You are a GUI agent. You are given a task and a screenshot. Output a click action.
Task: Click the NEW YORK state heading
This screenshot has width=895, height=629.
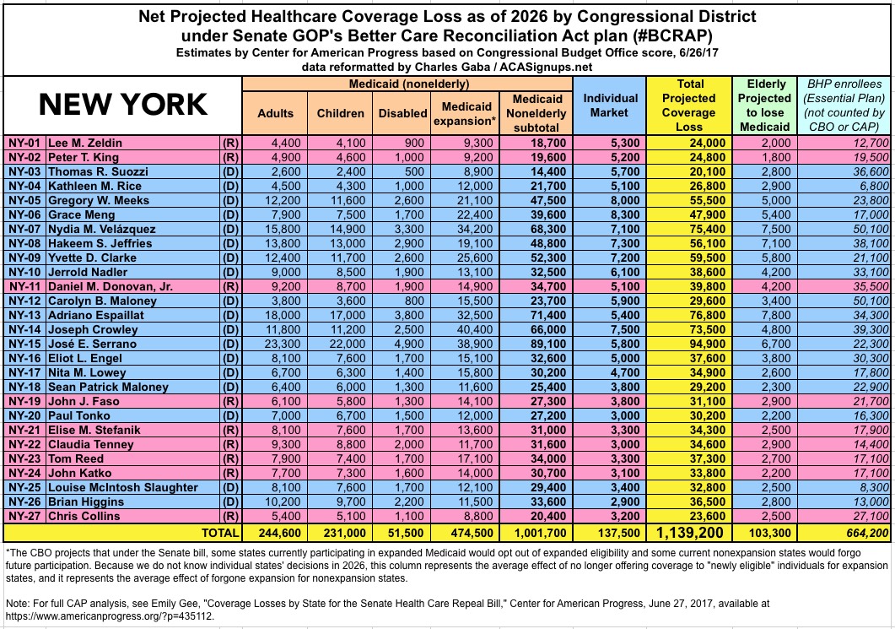[123, 104]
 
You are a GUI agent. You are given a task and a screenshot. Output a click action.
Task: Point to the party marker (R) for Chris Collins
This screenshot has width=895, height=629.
[230, 516]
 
